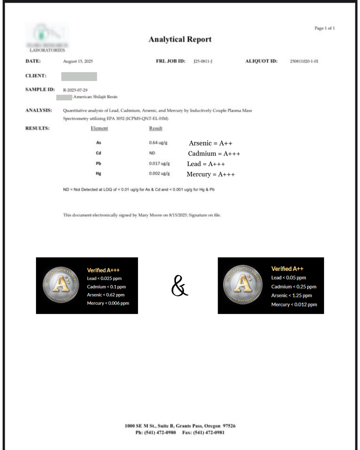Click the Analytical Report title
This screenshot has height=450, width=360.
(180, 39)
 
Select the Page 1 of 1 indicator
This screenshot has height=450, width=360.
(324, 28)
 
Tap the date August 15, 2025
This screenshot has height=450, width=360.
(78, 61)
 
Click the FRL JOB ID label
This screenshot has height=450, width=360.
(171, 61)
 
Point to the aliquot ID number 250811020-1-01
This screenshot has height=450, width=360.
(304, 61)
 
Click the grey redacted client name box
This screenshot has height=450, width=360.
(79, 76)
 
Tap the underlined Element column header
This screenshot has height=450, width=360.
(99, 128)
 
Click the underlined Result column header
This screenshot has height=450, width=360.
(155, 128)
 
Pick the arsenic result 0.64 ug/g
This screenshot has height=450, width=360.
(158, 143)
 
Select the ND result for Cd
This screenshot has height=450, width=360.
(152, 153)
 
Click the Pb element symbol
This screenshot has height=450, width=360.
(98, 163)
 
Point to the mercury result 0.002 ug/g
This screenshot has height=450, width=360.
(159, 173)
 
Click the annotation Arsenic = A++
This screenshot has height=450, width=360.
(210, 143)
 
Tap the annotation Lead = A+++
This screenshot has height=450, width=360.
(206, 164)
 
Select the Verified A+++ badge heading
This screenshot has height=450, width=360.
(103, 270)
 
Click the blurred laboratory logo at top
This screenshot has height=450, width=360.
(47, 37)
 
